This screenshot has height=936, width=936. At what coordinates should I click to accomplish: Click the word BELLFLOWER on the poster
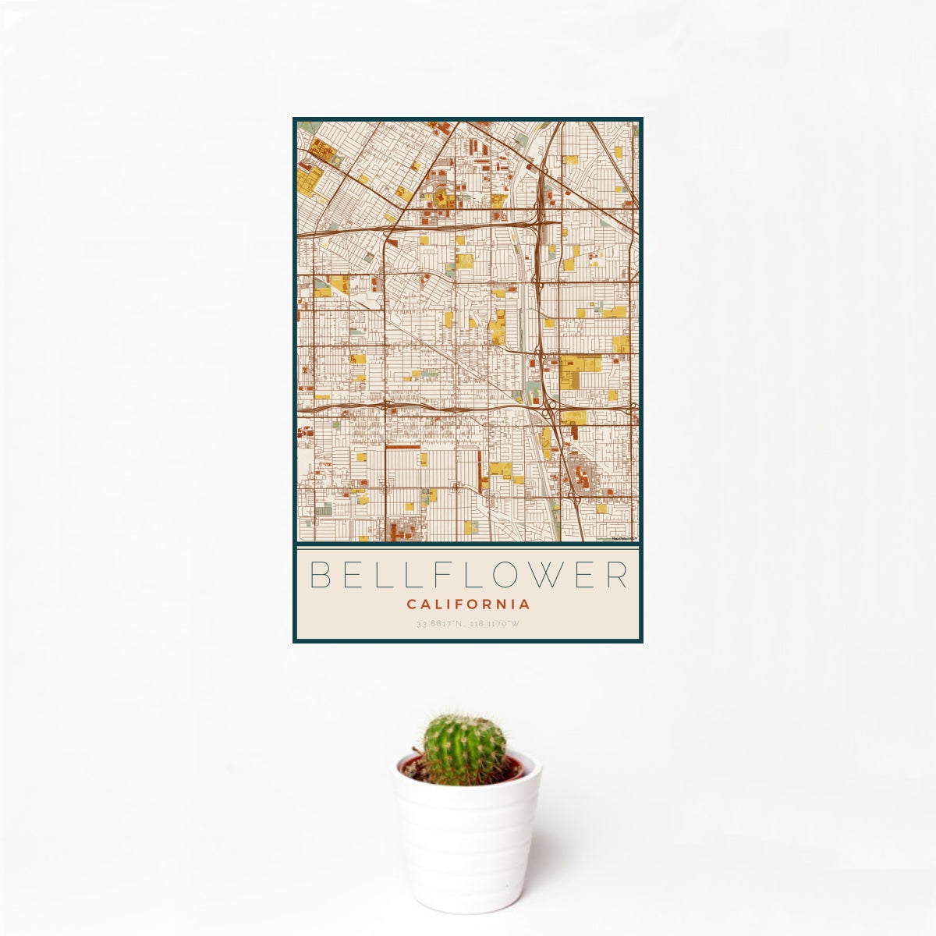pyautogui.click(x=468, y=575)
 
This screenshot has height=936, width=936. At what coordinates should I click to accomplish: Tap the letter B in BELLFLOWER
pyautogui.click(x=319, y=575)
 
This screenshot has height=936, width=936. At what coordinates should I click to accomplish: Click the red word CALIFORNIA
pyautogui.click(x=468, y=604)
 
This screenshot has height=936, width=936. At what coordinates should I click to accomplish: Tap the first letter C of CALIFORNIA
pyautogui.click(x=411, y=604)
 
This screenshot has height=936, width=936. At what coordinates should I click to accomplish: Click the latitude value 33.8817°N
pyautogui.click(x=441, y=624)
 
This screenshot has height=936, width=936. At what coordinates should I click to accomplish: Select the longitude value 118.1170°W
pyautogui.click(x=495, y=624)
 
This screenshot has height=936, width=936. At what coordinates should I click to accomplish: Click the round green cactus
pyautogui.click(x=464, y=749)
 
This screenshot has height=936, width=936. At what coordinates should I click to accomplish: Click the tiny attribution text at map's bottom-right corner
pyautogui.click(x=624, y=538)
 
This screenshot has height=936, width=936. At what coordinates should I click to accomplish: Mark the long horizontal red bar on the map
pyautogui.click(x=402, y=447)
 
